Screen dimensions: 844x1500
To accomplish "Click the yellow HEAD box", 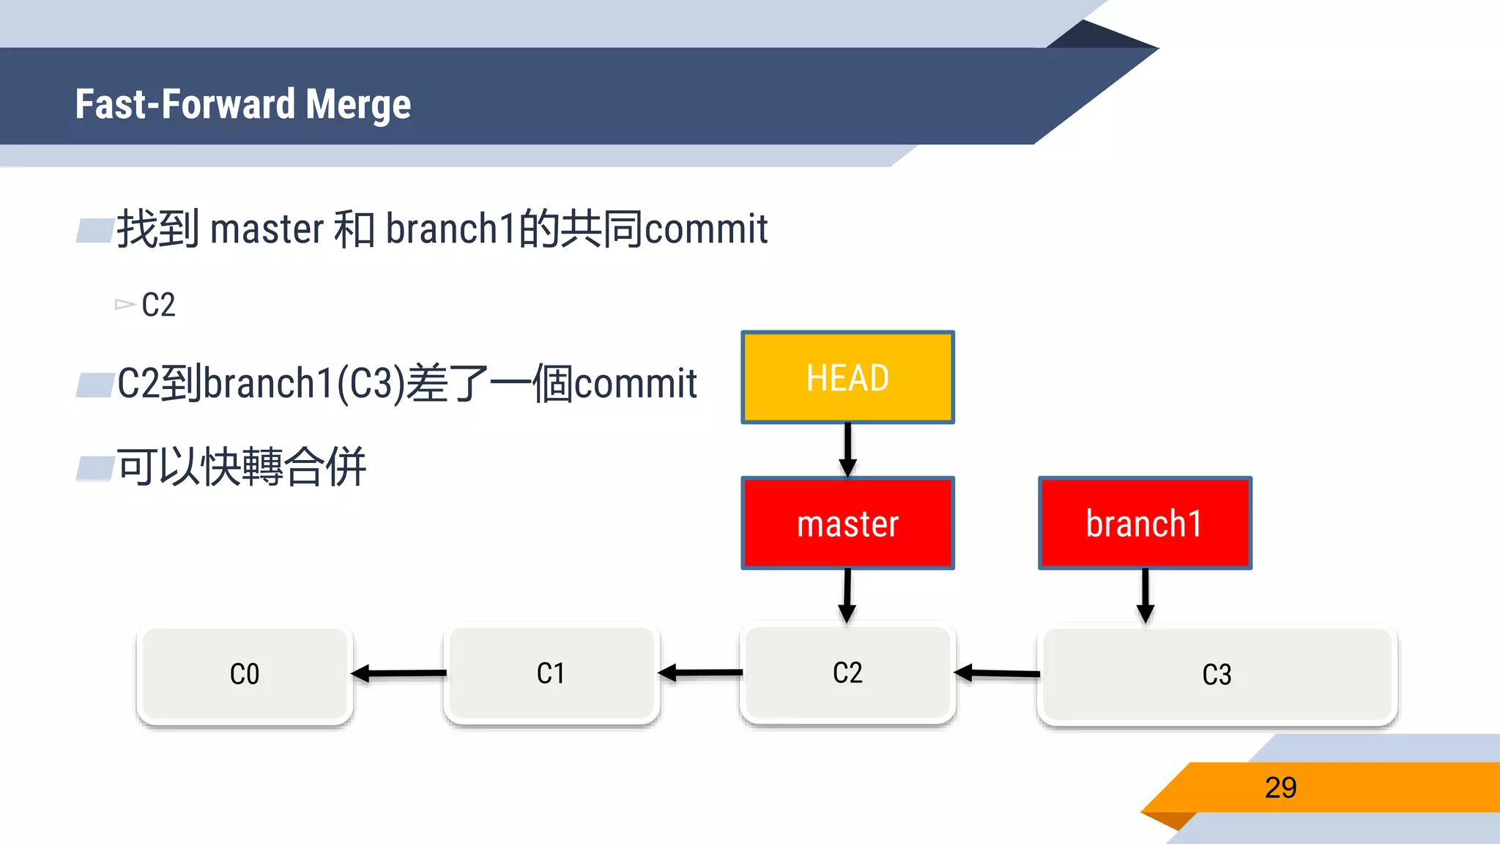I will coord(847,377).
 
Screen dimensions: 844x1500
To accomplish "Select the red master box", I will coord(847,523).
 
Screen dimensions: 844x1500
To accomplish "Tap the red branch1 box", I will coord(1145,523).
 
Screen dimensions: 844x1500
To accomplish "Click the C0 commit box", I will coord(245,674).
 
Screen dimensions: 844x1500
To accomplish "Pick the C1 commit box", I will coord(551,673).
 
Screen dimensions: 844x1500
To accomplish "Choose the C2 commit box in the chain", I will coord(847,673).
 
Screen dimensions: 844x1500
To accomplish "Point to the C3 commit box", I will coord(1217,675).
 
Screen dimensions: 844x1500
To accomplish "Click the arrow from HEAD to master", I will coord(847,449).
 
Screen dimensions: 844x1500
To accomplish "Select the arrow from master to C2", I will coord(847,595).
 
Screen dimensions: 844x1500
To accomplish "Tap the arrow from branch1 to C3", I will coord(1146,595).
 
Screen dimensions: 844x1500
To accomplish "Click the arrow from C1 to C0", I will coord(399,673).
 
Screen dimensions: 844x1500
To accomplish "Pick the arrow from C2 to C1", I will coord(700,672).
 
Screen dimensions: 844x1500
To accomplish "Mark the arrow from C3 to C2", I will coord(997,673).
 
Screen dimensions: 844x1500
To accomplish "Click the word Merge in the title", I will coord(358,104).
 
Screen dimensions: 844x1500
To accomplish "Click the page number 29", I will coord(1280,788).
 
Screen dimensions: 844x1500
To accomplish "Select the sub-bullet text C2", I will coord(158,305).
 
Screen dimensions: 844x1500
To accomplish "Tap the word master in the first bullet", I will coord(267,229).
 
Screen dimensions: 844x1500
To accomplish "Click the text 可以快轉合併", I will coord(242,467).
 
